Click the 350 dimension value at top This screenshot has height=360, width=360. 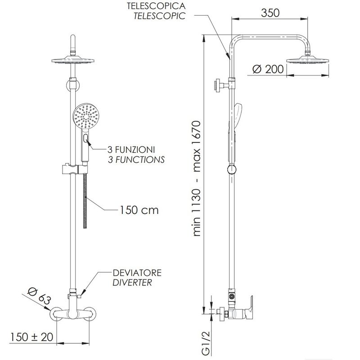point(270,13)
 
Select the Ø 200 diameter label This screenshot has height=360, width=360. point(268,69)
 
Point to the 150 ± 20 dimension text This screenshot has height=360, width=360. point(31,337)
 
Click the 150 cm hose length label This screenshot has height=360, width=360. point(139,210)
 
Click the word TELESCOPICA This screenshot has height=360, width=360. point(156,6)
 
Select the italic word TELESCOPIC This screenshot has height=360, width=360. point(160,16)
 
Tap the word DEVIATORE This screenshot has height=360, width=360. point(137,273)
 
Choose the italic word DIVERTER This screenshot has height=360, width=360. point(132,282)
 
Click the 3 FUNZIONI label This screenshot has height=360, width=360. point(131,150)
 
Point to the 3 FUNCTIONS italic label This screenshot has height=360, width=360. point(136,160)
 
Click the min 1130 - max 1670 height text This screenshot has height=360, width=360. point(197,178)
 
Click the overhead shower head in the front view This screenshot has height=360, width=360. point(73,60)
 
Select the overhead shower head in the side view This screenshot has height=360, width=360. point(307,60)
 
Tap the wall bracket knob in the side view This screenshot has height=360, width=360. point(217,85)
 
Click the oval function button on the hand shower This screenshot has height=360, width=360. point(86,138)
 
